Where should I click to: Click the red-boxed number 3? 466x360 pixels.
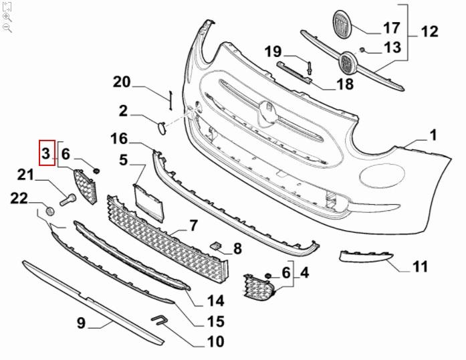pos(45,155)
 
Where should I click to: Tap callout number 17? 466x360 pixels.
pos(391,27)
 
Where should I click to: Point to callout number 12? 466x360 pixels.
pos(429,31)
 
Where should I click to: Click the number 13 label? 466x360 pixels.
pos(392,47)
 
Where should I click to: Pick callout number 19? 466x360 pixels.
pos(273,51)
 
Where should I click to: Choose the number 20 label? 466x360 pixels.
pos(121,82)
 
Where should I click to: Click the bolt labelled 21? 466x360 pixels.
pos(66,198)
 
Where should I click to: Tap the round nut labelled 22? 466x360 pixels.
pos(49,212)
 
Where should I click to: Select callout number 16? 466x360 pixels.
pos(119,139)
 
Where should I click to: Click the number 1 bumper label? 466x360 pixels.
pos(433,136)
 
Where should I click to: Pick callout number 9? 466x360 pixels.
pos(81,323)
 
